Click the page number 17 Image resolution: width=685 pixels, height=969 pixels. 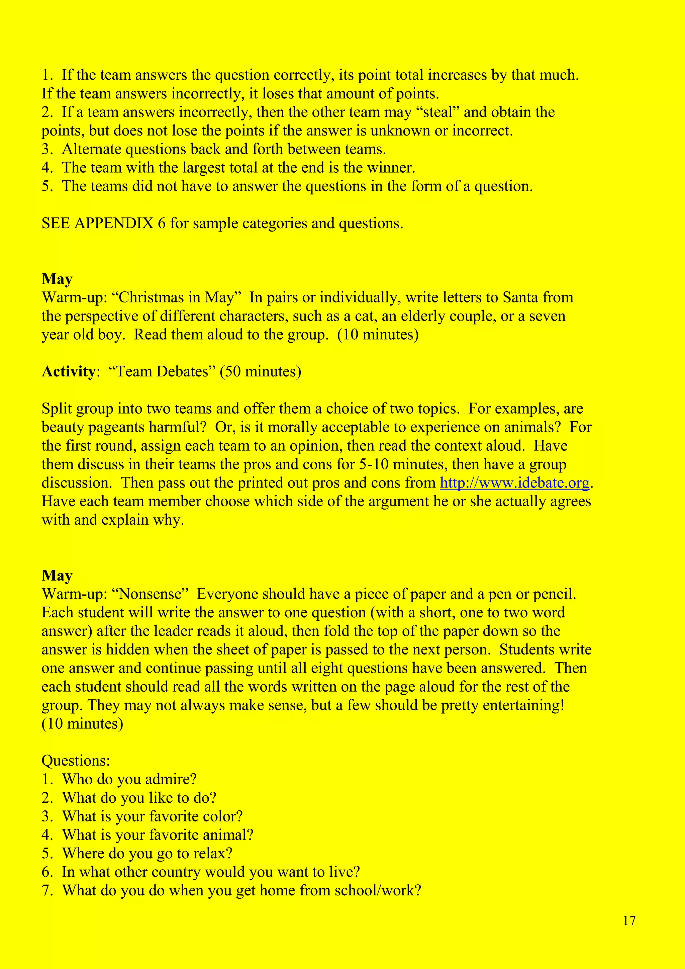629,920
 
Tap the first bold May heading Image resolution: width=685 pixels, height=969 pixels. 57,279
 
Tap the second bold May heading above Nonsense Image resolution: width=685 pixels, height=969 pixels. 57,576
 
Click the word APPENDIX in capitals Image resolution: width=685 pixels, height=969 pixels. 113,223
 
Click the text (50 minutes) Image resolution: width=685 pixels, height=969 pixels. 260,371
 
